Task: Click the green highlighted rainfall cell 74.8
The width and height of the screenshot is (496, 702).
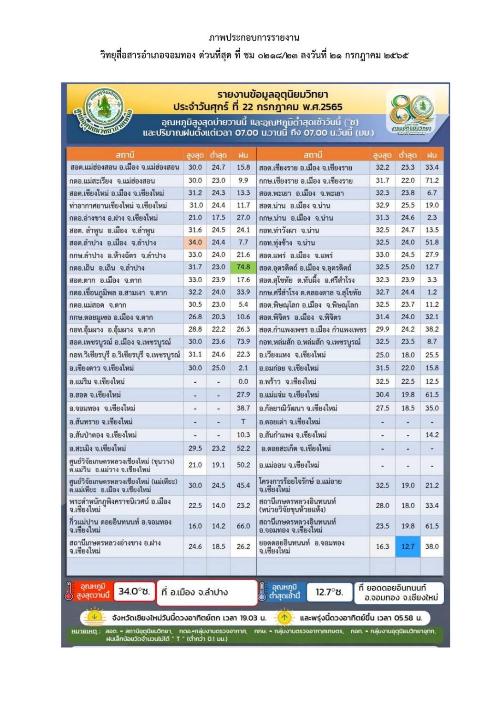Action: coord(243,267)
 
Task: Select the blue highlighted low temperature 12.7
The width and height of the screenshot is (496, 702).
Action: coord(407,546)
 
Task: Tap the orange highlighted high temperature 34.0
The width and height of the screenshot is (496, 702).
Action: coord(195,242)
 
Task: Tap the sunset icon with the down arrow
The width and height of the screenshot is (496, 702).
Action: coord(94,617)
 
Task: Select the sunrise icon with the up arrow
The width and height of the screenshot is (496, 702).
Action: coord(284,617)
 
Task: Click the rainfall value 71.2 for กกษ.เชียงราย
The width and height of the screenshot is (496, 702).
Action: coord(431,180)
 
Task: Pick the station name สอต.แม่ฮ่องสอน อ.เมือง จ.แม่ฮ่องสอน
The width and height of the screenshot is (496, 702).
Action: coord(124,167)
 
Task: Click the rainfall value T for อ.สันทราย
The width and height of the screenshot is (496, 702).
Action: coord(243,421)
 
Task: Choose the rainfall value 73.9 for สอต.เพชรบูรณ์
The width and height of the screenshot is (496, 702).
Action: coord(243,341)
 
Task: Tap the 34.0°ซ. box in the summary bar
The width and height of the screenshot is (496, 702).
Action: coord(134,591)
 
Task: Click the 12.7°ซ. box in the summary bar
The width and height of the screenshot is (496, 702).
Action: coord(329,592)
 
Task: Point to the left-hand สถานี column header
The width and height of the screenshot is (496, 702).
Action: coord(125,155)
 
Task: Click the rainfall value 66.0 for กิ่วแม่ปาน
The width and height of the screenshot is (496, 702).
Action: coord(243,526)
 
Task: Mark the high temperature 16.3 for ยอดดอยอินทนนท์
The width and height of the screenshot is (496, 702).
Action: coord(382,546)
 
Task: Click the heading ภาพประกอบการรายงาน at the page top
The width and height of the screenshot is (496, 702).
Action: coord(254,37)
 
